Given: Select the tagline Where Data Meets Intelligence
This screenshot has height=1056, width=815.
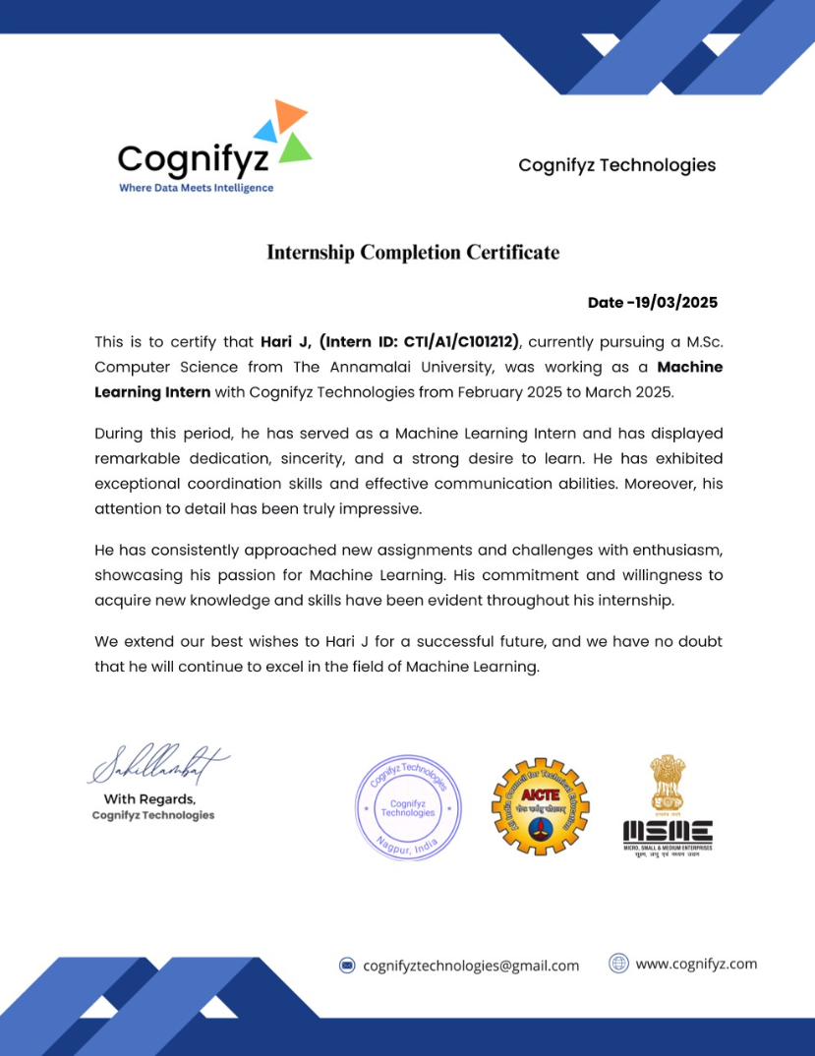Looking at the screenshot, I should [197, 188].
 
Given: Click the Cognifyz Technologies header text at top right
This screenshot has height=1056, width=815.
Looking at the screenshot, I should [616, 165].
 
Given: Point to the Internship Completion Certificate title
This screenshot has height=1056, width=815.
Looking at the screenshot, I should [413, 253].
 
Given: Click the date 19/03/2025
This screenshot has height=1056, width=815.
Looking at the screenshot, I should [679, 303].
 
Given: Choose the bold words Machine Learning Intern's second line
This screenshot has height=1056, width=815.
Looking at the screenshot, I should [152, 391].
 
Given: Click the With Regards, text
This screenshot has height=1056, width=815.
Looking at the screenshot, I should [150, 799].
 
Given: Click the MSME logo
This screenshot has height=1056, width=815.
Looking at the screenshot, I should [668, 805].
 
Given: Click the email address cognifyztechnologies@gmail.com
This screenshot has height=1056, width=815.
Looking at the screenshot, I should [471, 966].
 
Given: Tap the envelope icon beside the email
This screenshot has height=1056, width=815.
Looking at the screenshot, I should [347, 966].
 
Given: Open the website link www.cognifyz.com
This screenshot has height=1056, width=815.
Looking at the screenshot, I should [696, 964].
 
